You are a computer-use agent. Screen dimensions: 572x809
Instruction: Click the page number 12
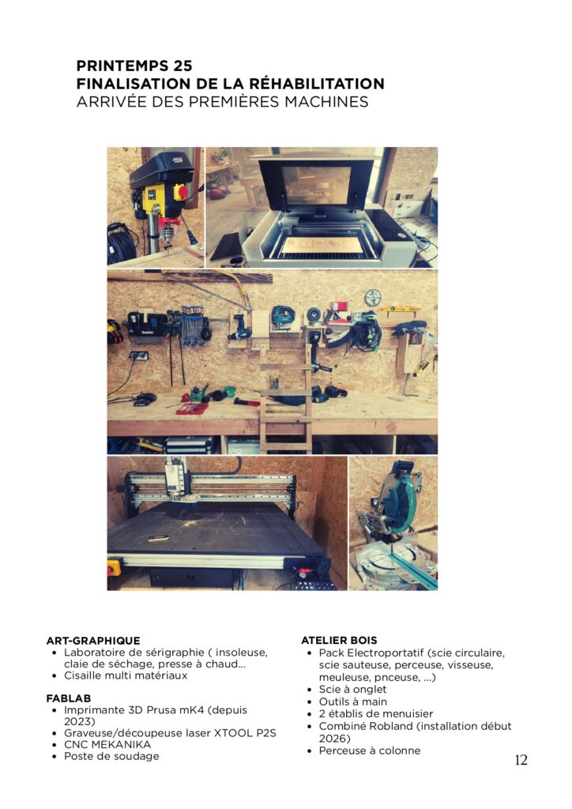(x=521, y=760)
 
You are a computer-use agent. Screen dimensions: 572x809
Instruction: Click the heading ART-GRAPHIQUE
(x=93, y=640)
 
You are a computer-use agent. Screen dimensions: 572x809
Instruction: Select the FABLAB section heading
(x=69, y=698)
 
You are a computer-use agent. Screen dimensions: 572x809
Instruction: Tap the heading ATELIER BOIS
(x=340, y=640)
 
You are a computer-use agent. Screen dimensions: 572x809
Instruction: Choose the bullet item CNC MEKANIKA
(x=107, y=744)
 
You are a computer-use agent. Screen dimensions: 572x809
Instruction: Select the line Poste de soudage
(x=111, y=756)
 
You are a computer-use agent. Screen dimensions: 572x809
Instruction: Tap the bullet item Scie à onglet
(x=352, y=689)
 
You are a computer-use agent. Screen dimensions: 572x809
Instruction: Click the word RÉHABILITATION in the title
(x=317, y=84)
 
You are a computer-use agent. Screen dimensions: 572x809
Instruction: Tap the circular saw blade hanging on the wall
(x=372, y=298)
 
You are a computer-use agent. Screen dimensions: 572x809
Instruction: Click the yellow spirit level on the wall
(x=400, y=310)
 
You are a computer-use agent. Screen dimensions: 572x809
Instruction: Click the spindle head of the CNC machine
(x=175, y=477)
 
